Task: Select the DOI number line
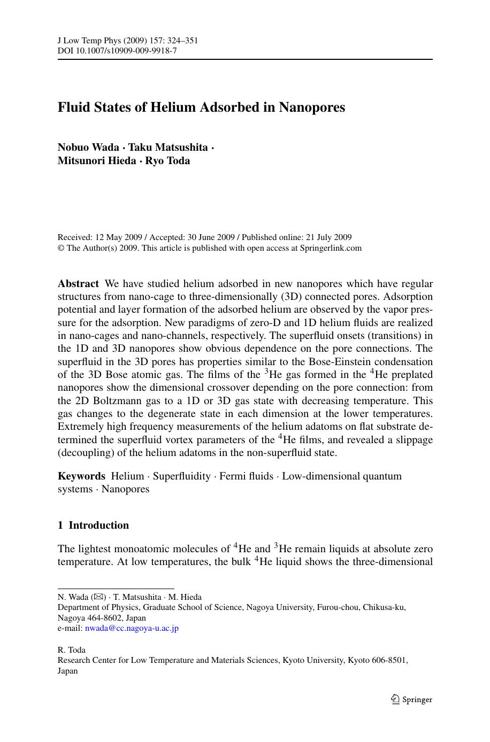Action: click(117, 51)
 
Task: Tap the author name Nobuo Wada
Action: click(88, 148)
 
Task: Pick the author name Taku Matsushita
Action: click(168, 148)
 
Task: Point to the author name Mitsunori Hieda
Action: click(96, 161)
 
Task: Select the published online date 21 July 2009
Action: click(328, 237)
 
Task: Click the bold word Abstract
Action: click(78, 284)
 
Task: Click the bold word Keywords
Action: click(81, 476)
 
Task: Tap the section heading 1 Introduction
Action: click(94, 525)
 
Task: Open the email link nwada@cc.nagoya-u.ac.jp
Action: click(132, 628)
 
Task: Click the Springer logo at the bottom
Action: click(411, 699)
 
